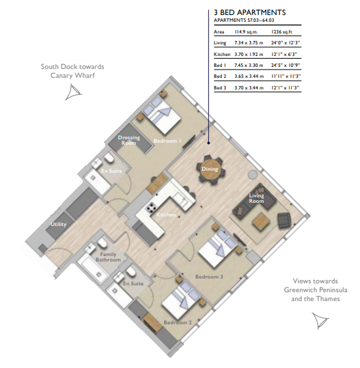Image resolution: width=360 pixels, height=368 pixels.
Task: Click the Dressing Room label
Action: coord(128,140)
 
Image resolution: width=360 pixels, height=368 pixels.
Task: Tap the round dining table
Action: coord(210,169)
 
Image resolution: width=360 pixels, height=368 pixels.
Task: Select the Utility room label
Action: coord(59,224)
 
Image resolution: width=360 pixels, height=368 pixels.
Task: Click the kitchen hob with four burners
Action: coord(151,208)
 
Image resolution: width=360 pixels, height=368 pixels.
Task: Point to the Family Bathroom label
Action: coord(108,257)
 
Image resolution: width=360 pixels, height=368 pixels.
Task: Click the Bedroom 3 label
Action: coord(209,277)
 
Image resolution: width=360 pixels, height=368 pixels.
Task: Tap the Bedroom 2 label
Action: coord(178,322)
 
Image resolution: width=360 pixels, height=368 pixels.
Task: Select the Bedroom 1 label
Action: coord(167,141)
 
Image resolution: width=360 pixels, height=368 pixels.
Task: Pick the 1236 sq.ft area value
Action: coord(281,31)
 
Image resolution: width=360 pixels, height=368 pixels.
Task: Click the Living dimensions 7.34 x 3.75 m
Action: coord(249,43)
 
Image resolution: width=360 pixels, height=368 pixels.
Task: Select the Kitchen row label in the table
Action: coord(222,54)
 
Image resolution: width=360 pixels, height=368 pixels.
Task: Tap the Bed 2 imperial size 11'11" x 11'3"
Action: coord(286,76)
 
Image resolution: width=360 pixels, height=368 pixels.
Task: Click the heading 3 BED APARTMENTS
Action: coord(249,12)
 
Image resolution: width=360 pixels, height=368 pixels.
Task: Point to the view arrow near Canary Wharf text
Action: coord(73,92)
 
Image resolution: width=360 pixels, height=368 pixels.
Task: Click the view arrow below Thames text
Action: coord(320,321)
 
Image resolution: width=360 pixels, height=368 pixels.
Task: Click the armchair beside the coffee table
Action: coord(284,221)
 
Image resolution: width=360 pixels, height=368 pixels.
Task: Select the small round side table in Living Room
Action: coord(253,174)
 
